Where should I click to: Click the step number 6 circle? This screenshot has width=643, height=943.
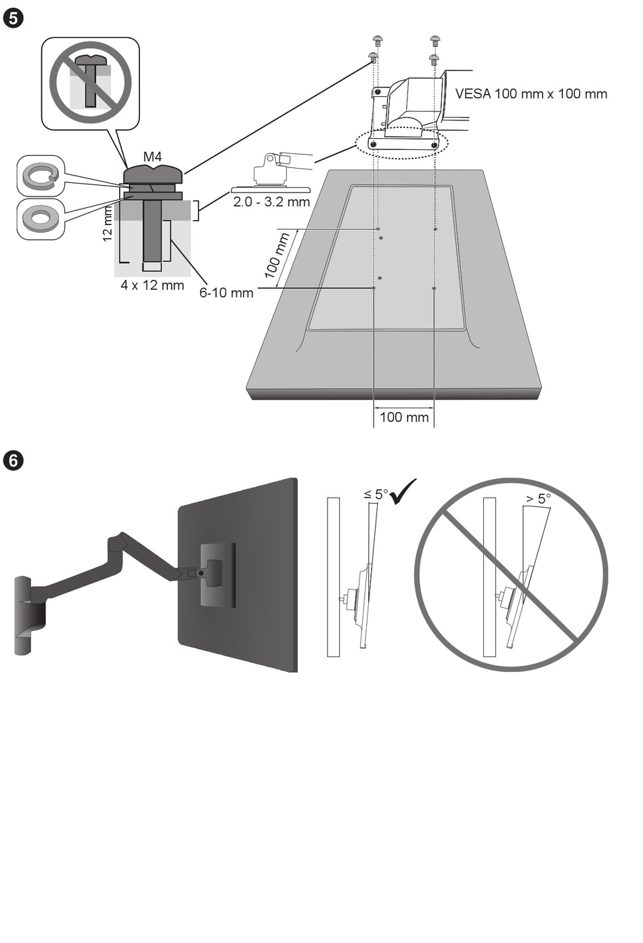click(x=14, y=461)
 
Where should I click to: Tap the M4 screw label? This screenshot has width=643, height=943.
click(x=152, y=157)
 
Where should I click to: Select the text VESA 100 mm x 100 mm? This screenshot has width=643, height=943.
click(x=531, y=94)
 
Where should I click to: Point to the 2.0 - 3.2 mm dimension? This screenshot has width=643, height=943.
click(x=271, y=202)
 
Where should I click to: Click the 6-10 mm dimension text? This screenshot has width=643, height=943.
click(x=226, y=293)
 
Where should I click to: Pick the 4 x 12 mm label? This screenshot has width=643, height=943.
click(x=152, y=285)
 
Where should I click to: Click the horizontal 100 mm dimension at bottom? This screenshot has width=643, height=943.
click(x=404, y=417)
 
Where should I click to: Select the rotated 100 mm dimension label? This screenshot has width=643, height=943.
click(x=278, y=255)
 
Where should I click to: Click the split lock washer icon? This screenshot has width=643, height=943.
click(x=41, y=176)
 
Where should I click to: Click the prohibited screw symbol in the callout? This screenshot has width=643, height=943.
click(x=90, y=82)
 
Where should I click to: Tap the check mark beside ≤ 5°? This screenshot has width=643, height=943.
click(x=403, y=490)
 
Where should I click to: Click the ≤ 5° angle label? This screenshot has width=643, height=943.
click(x=376, y=494)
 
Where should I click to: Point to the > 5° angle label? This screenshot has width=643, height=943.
click(x=537, y=499)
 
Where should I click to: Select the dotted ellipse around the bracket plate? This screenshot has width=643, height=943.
click(x=402, y=143)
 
